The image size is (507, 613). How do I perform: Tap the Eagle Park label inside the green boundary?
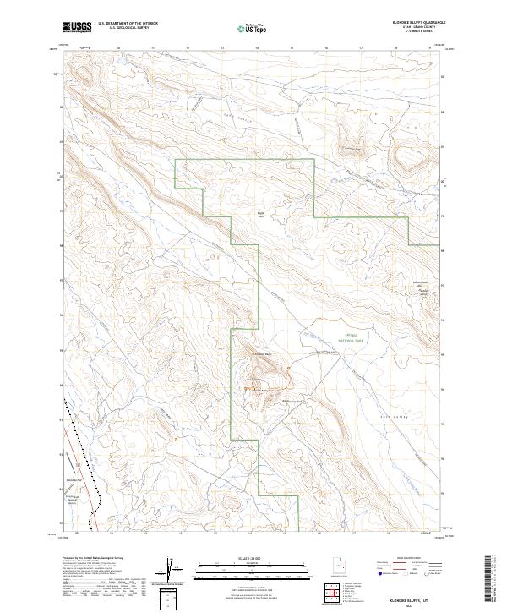pyautogui.click(x=261, y=215)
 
